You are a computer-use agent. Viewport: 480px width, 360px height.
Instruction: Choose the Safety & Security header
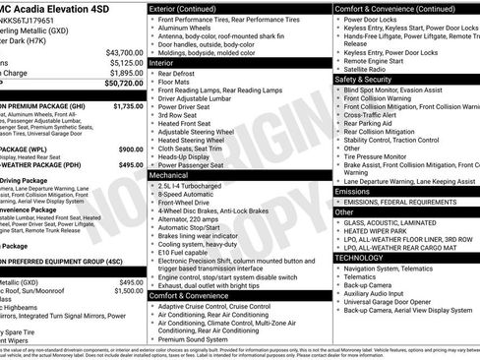pos(362,79)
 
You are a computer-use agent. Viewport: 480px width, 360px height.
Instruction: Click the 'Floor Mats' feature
pos(178,82)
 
